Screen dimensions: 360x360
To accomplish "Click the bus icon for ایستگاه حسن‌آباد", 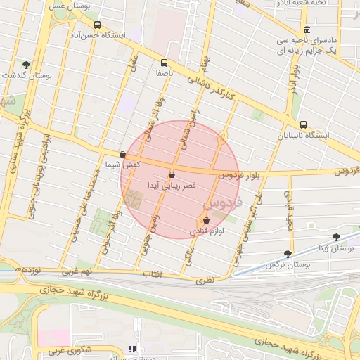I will pyautogui.click(x=96, y=22).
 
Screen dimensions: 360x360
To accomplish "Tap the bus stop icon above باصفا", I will pyautogui.click(x=165, y=62).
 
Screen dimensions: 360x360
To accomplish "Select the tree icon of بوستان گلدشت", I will pyautogui.click(x=26, y=64).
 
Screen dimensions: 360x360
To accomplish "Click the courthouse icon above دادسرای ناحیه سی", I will pyautogui.click(x=307, y=30).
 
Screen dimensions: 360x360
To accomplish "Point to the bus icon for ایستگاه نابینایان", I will pyautogui.click(x=303, y=124).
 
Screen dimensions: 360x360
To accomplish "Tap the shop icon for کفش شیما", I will pyautogui.click(x=122, y=154).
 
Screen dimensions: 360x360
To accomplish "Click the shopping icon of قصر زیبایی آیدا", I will pyautogui.click(x=172, y=174).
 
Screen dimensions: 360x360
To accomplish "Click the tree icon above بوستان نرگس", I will pyautogui.click(x=287, y=254).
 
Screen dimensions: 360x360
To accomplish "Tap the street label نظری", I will pyautogui.click(x=202, y=280).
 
